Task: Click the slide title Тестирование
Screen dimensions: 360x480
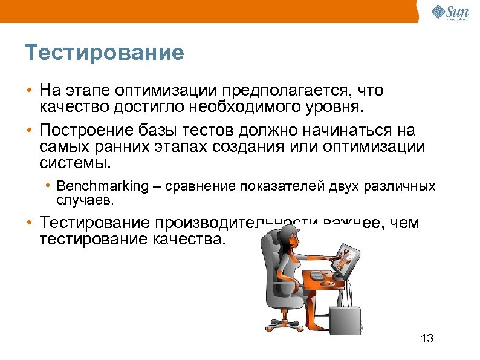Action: click(104, 53)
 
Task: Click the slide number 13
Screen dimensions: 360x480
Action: click(426, 338)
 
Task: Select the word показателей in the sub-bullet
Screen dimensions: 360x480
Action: click(284, 186)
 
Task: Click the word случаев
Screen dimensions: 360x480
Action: click(84, 198)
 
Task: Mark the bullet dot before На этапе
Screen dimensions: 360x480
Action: click(29, 91)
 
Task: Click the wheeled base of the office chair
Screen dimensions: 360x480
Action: click(278, 321)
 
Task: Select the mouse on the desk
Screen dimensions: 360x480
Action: click(328, 283)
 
